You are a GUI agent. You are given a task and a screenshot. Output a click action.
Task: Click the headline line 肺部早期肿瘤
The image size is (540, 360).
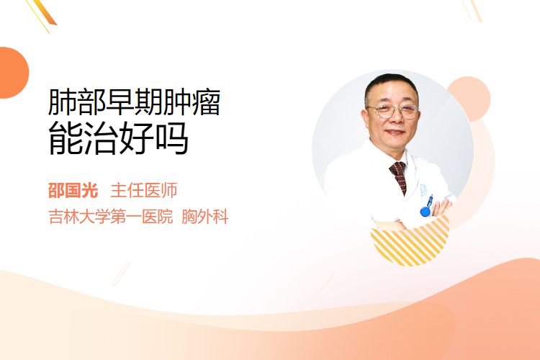click(x=134, y=102)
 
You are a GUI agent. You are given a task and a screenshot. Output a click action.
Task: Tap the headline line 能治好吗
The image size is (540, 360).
click(x=118, y=138)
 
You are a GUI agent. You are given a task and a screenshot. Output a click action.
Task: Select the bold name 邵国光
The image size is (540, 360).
click(x=73, y=191)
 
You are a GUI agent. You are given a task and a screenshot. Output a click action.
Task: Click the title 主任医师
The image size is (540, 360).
click(x=143, y=191)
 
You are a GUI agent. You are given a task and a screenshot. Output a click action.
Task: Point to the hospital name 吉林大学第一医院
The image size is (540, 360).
click(x=111, y=217)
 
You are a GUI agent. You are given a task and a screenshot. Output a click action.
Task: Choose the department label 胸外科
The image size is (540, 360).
click(x=205, y=217)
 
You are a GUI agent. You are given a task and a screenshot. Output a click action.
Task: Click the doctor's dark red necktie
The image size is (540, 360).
click(x=399, y=176)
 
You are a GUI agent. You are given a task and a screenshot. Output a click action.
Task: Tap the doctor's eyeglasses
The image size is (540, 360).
click(x=393, y=112)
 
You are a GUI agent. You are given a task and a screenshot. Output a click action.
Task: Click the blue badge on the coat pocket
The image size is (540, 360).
click(x=426, y=207)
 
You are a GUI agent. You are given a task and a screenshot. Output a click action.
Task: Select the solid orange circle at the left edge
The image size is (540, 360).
click(x=13, y=73)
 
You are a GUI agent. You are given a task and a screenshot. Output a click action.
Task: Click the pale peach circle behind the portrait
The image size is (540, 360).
click(x=469, y=99)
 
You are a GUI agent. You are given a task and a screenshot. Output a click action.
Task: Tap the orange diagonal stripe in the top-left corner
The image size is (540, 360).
click(x=44, y=13)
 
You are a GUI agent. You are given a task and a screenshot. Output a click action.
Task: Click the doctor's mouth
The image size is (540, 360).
click(x=395, y=132)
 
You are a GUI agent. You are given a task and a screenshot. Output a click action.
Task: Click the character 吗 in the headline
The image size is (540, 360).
click(x=172, y=138)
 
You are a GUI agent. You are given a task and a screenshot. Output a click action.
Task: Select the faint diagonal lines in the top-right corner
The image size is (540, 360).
click(x=472, y=9)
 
